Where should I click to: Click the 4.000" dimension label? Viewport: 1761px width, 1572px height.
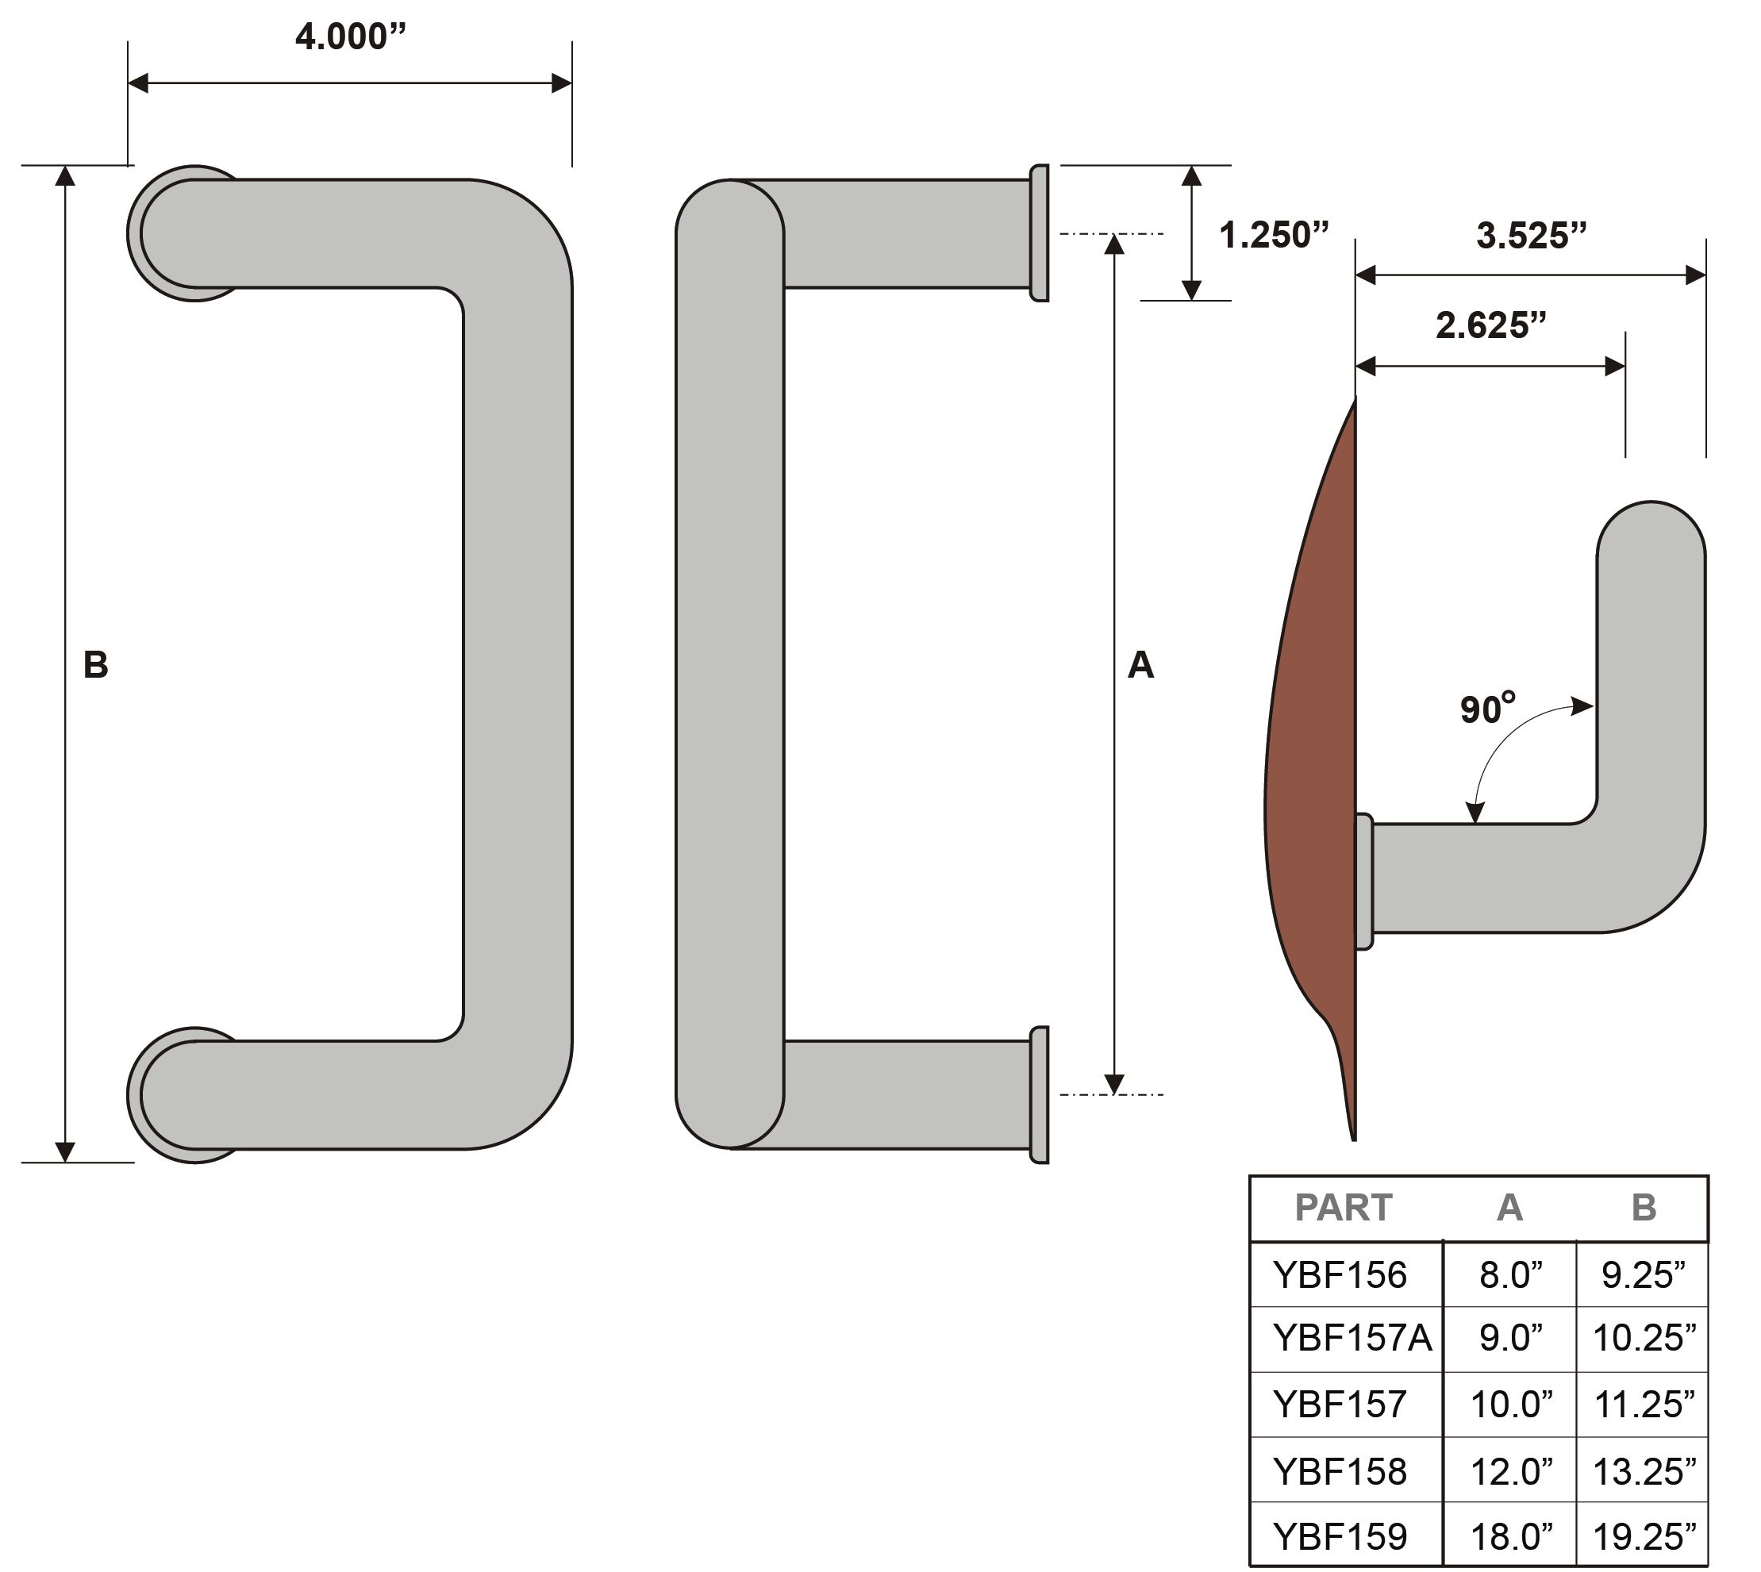[x=350, y=37]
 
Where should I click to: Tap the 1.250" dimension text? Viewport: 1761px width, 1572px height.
[x=1273, y=235]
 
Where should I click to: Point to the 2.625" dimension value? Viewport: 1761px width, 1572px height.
[x=1490, y=325]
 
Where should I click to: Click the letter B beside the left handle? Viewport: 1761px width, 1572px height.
[x=95, y=665]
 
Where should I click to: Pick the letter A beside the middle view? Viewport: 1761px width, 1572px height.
[x=1140, y=665]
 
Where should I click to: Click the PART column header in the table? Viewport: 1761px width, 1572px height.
[x=1343, y=1208]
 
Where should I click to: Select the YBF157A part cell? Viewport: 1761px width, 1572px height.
[x=1352, y=1338]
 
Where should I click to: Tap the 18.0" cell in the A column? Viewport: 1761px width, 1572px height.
[x=1510, y=1536]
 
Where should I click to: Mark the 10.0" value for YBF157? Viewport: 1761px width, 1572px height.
[x=1510, y=1405]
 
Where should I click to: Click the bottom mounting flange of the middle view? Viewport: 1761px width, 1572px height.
[x=1040, y=1094]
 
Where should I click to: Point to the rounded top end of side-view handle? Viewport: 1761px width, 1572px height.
[x=1651, y=527]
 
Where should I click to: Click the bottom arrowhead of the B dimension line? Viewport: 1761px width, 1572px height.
[x=65, y=1151]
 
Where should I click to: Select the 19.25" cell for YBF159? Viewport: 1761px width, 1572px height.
[x=1644, y=1536]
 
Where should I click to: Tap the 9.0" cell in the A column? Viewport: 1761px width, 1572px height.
[x=1510, y=1338]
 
